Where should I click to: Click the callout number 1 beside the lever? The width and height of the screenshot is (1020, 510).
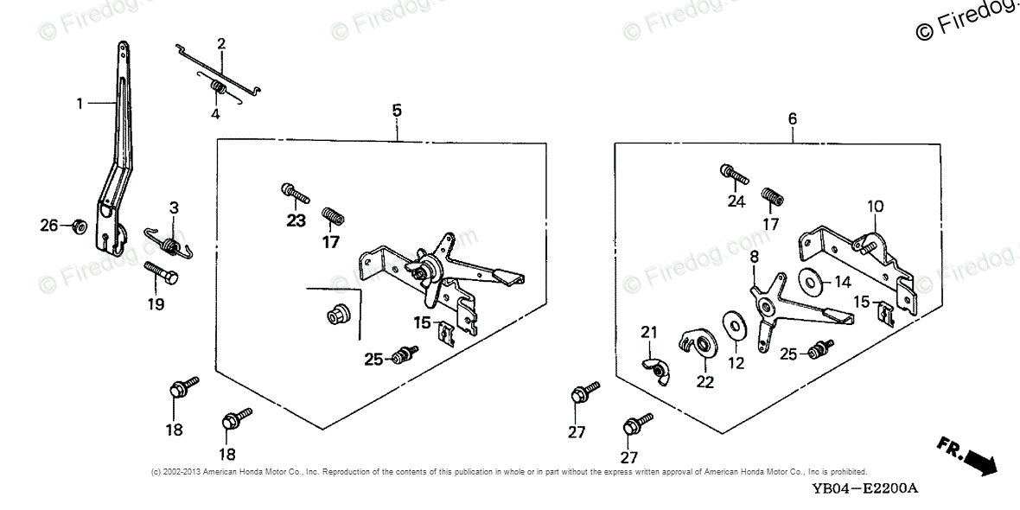[x=80, y=104]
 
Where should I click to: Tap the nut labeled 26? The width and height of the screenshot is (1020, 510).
[x=77, y=226]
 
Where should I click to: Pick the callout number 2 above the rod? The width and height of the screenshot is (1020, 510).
[x=221, y=43]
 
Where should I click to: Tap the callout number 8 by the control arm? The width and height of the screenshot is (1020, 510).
[x=754, y=257]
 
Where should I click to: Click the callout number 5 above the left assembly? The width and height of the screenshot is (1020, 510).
[x=397, y=110]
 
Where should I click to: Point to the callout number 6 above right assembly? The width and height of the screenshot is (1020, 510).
[x=793, y=118]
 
